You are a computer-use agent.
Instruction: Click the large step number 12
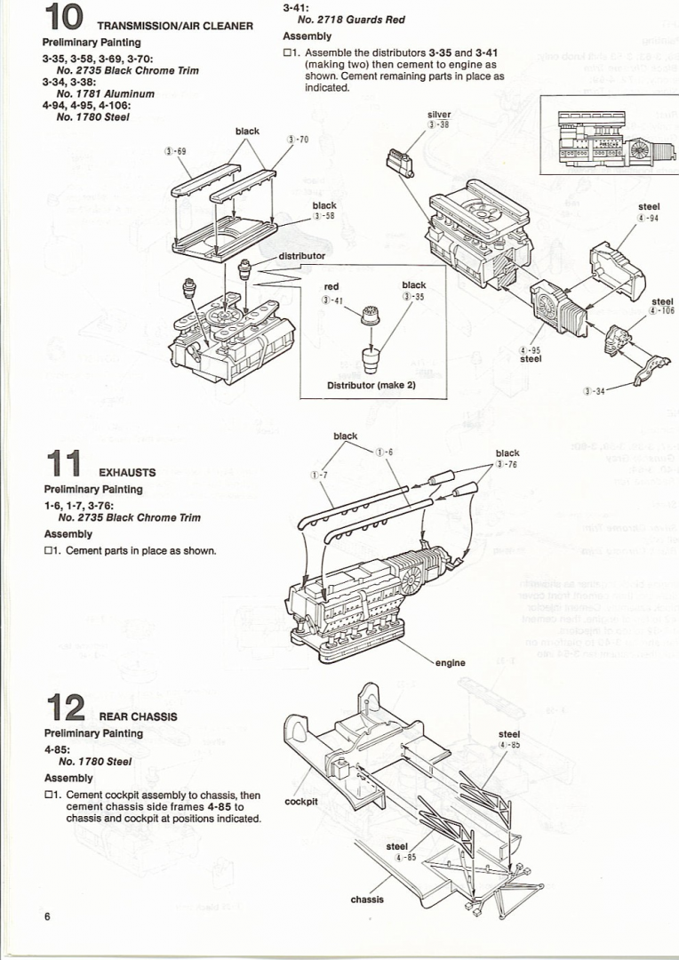pos(64,708)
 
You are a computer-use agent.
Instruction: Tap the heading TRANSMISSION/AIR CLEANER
pos(175,26)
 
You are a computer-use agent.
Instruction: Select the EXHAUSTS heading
pos(127,473)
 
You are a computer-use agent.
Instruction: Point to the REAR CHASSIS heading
pos(138,716)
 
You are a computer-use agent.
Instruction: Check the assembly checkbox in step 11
pos(49,551)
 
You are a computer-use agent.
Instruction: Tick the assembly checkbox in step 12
pos(49,795)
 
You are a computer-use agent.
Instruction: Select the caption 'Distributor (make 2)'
pos(371,386)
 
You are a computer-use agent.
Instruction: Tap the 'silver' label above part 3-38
pos(438,115)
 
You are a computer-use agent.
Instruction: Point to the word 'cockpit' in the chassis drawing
pos(301,802)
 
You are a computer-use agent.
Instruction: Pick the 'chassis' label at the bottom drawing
pos(367,900)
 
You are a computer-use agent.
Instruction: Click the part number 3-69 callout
pos(175,152)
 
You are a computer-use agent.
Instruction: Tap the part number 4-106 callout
pos(661,310)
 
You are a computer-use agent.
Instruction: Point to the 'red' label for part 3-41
pos(331,286)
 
